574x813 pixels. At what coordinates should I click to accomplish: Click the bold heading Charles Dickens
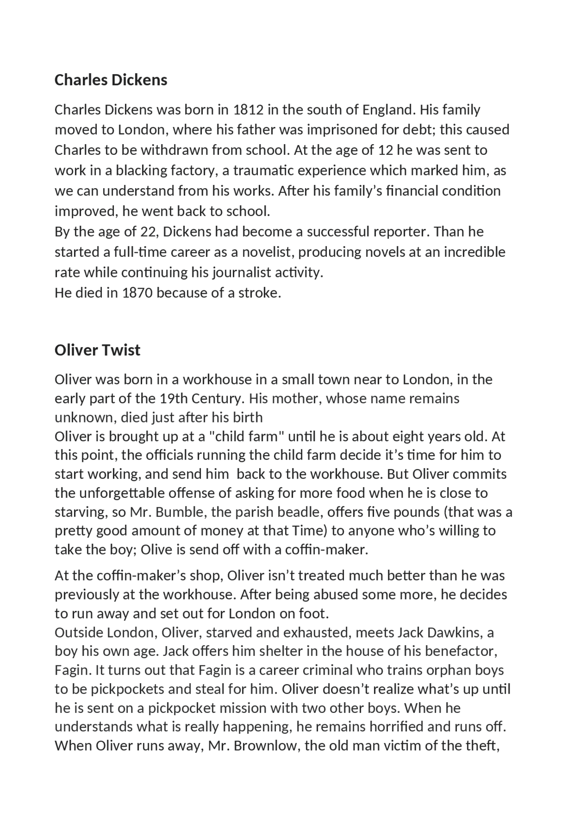[111, 80]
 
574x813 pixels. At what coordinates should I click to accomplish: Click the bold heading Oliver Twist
[97, 350]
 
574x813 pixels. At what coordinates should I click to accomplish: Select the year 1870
[137, 293]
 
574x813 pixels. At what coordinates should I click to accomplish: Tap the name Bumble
[180, 512]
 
